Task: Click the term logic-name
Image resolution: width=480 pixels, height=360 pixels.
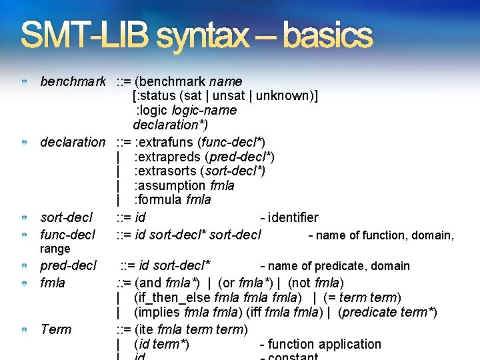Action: click(204, 110)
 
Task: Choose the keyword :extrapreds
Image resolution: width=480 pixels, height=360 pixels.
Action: click(169, 157)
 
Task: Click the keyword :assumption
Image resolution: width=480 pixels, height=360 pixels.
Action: click(170, 185)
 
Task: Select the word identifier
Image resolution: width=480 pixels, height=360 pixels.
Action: click(293, 217)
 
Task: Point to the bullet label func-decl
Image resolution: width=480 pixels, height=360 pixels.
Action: click(68, 235)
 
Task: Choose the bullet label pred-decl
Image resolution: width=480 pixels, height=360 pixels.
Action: click(69, 265)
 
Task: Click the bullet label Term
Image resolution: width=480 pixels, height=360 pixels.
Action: click(56, 329)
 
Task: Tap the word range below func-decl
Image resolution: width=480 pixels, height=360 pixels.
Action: click(55, 249)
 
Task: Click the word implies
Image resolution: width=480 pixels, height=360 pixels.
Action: click(155, 313)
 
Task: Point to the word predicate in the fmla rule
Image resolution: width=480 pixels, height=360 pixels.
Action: click(369, 313)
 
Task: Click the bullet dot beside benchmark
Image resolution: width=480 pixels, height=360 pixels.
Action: click(24, 82)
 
